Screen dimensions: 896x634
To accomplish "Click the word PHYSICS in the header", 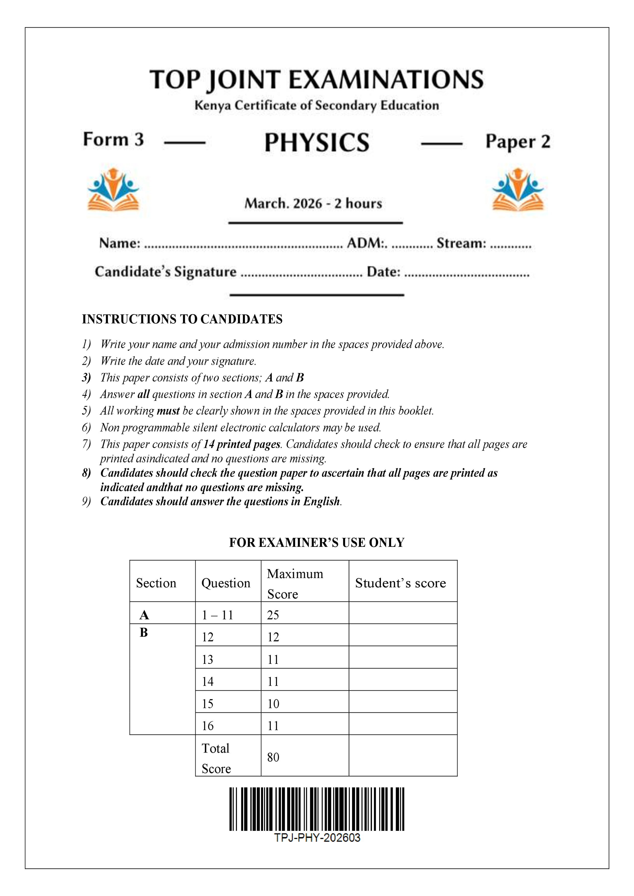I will point(317,143).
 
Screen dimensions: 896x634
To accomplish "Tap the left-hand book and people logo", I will point(113,190).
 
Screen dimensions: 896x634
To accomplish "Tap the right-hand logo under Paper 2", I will point(518,190).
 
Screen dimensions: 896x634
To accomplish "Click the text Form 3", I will point(113,140).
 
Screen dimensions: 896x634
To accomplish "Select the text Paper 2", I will point(518,142).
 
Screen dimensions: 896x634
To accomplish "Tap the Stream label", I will point(461,243).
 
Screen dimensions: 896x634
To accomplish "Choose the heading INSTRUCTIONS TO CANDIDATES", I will point(182,319).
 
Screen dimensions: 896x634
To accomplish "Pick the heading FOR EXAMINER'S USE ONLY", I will point(316,543).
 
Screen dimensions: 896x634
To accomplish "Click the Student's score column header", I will point(400,583).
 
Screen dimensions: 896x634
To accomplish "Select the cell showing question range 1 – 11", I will point(218,615).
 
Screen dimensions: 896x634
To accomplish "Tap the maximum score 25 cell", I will point(273,615).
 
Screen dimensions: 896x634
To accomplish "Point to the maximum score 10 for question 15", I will point(273,704).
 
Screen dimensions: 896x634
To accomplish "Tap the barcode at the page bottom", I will point(316,809).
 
